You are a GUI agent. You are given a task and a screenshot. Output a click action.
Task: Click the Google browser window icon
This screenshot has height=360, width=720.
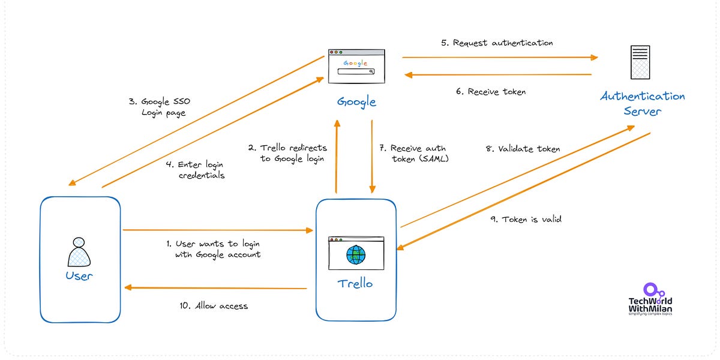357,66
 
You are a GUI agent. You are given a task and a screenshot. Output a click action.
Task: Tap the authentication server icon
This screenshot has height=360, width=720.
640,62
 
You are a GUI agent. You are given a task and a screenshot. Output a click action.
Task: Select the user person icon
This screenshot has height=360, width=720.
79,252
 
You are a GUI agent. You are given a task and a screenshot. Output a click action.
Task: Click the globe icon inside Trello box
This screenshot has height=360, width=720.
356,255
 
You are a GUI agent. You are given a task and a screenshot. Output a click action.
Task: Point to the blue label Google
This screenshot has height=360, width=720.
356,101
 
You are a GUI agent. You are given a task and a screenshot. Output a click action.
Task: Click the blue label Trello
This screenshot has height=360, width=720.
356,283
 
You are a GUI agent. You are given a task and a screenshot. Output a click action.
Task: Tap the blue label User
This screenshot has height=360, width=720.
79,275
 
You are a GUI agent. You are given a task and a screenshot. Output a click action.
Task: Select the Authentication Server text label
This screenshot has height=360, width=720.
642,104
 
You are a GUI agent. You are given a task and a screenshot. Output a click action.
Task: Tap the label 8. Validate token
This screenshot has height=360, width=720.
523,149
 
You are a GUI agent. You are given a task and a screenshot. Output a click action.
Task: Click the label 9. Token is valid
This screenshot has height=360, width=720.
526,220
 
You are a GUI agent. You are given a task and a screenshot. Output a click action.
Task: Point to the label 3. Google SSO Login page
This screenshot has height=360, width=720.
164,107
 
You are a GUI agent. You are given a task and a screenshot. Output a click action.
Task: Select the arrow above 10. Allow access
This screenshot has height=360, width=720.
216,289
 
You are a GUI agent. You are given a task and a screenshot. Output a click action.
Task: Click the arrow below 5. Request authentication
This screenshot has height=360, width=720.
499,58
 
